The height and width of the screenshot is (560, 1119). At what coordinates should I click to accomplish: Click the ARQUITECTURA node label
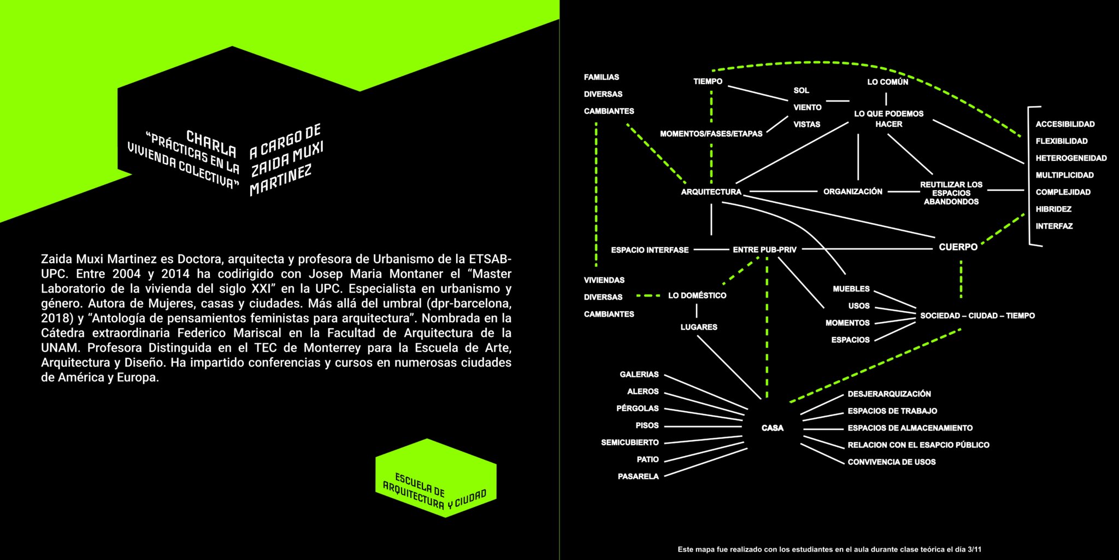coord(711,192)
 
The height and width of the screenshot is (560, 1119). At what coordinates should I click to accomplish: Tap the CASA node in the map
coord(773,428)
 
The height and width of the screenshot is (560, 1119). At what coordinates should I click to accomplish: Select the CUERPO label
coord(958,247)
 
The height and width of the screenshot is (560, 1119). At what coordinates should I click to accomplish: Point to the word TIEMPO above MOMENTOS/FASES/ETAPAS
coord(708,81)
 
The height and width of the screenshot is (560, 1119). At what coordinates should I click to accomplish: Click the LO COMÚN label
coord(888,82)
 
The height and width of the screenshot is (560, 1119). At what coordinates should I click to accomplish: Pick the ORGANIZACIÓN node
coord(853,191)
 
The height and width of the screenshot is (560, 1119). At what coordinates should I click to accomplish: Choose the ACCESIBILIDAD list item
coord(1065,124)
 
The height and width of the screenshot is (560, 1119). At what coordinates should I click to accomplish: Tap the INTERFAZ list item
coord(1054,226)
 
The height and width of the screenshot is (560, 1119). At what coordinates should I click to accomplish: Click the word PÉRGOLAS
coord(637,409)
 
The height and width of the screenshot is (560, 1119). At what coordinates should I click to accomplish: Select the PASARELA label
coord(638,476)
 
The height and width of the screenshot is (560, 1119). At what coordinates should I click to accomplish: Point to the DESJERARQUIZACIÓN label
coord(889,394)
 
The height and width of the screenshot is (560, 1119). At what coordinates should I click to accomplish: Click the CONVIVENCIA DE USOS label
coord(891,462)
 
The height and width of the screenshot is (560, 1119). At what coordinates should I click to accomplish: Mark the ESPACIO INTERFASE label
coord(650,250)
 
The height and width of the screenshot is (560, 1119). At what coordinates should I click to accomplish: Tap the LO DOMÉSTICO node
coord(697,295)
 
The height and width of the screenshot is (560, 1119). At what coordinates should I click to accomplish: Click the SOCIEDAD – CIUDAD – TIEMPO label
coord(977,316)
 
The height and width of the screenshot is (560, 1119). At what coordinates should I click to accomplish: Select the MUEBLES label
coord(851,289)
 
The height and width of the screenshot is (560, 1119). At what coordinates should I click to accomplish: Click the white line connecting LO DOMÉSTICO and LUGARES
coord(697,311)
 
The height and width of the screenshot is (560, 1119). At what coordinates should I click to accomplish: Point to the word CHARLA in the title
coord(211,143)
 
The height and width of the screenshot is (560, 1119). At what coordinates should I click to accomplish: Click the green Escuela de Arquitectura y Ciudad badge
coord(436,478)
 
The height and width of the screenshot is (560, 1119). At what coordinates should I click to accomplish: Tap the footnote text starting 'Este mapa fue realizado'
coord(829,549)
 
